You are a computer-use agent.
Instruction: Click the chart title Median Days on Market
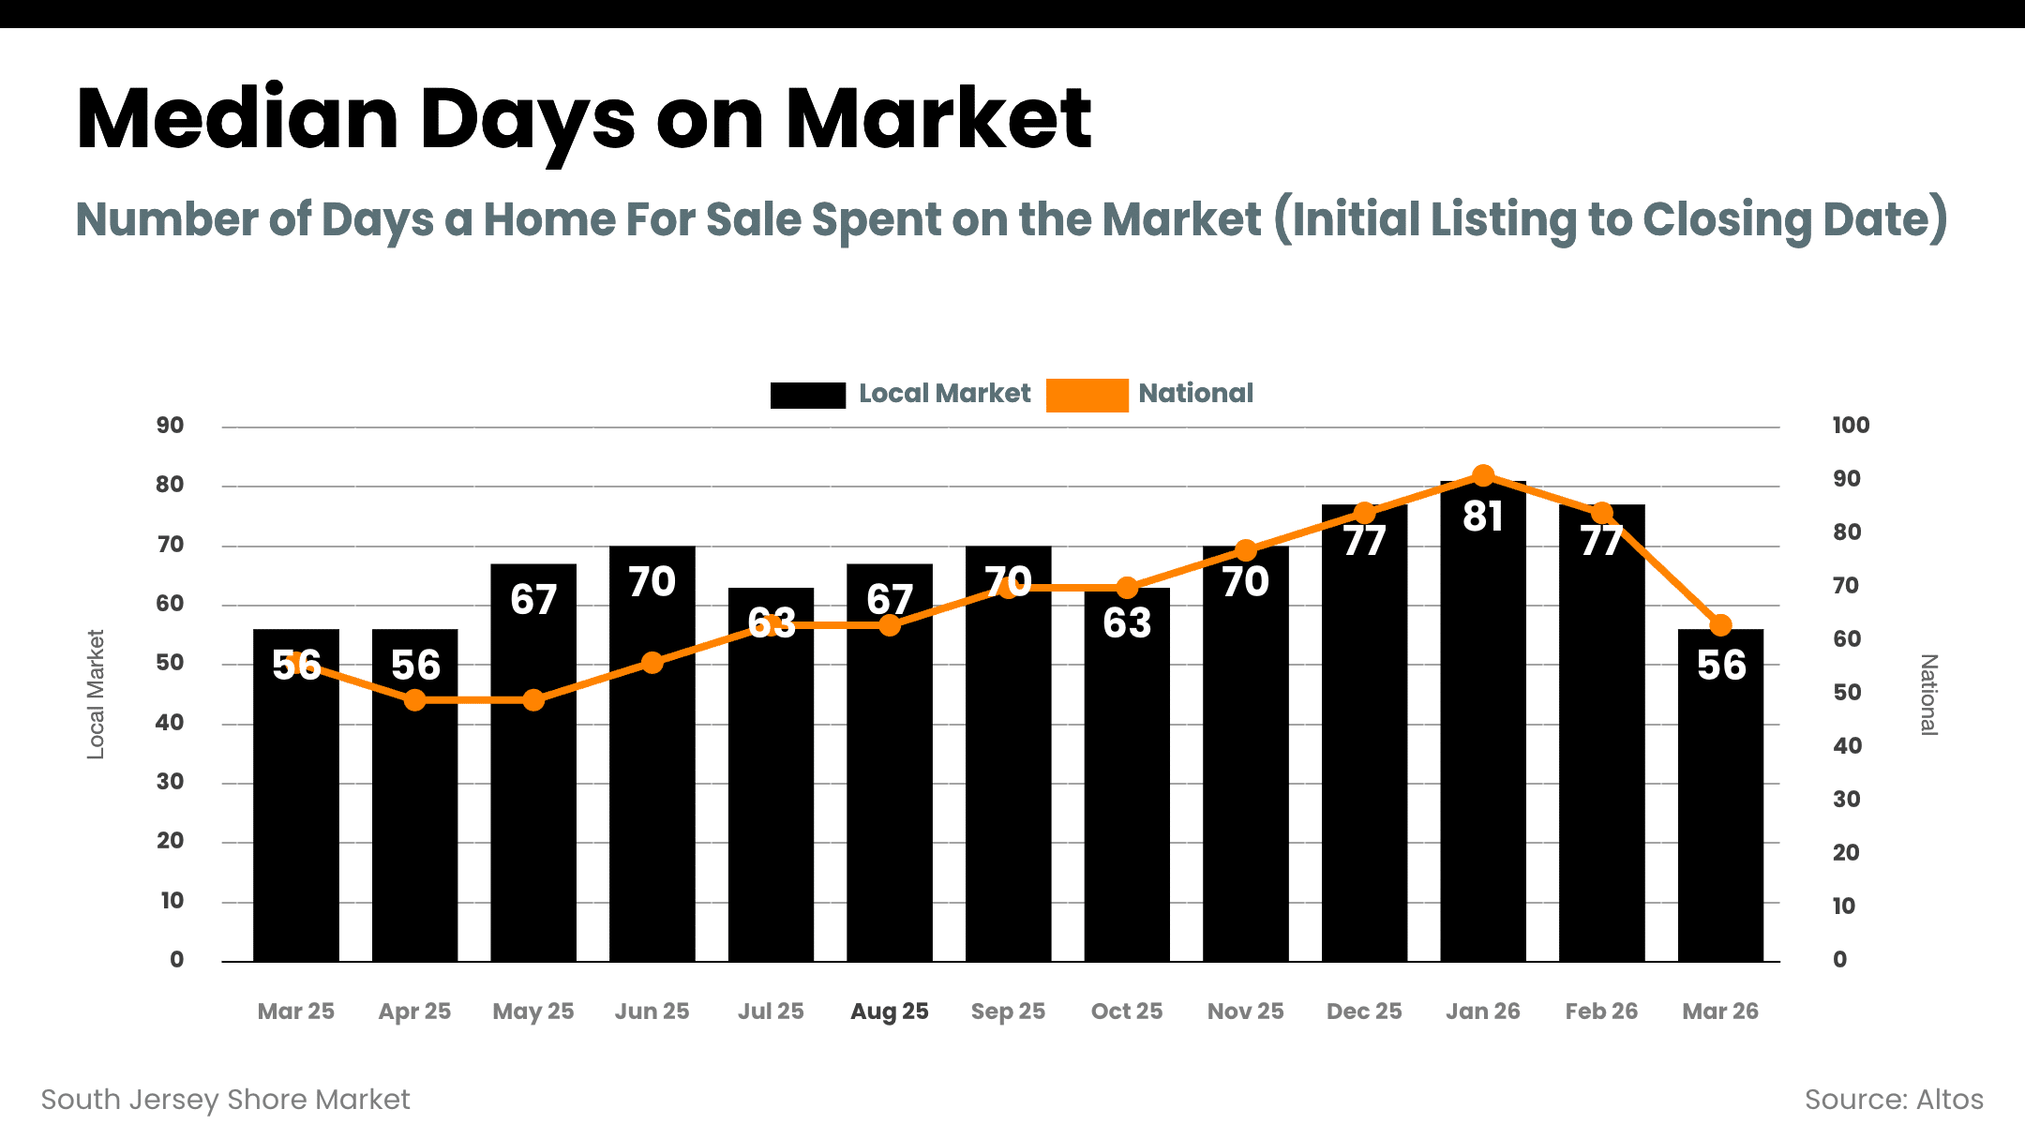583,119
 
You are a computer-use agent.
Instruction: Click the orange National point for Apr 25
414,700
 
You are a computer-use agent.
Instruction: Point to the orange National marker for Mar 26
1720,625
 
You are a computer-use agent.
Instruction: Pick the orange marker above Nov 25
1245,550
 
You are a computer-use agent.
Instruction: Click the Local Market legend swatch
807,395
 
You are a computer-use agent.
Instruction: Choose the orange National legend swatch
1087,395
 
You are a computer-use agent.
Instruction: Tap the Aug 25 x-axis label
889,1012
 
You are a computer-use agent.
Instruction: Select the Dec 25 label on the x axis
1364,1012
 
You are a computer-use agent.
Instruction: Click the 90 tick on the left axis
170,426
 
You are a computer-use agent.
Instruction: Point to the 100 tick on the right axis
1850,426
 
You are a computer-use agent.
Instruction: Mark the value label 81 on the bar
1482,517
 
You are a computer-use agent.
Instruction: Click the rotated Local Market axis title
96,694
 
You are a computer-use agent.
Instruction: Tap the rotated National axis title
1927,695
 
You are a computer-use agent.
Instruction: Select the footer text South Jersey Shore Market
225,1100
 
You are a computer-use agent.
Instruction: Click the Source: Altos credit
1893,1100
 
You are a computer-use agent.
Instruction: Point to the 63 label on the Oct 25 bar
1127,623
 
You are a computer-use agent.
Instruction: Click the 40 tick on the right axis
1846,746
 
